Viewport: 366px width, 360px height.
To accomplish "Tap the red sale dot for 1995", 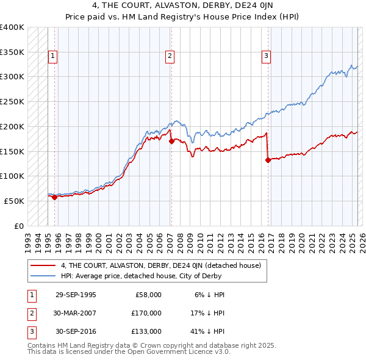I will point(54,197).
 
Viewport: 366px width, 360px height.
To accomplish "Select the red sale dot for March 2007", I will point(171,141).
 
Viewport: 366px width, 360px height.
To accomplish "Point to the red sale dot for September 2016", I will point(268,160).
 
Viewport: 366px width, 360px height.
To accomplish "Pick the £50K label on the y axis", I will point(14,201).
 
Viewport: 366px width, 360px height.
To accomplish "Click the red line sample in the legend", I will point(43,265).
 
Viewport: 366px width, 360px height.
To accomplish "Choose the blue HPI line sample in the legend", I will point(43,276).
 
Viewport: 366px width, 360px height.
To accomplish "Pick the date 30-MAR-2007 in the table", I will point(76,313).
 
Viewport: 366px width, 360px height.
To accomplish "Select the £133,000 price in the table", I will point(147,331).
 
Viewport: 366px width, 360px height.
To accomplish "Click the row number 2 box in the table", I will point(30,313).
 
